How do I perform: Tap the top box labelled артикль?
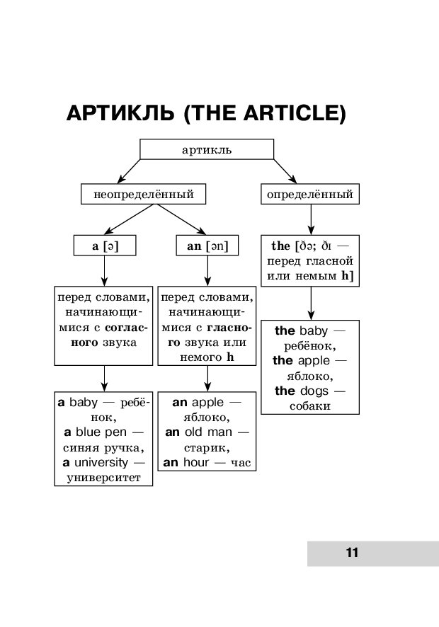point(207,149)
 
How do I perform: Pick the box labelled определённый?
point(309,194)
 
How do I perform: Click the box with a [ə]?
point(105,246)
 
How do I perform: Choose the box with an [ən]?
point(207,246)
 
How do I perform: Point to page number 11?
point(352,553)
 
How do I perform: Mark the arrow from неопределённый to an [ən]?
point(181,219)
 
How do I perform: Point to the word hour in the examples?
point(198,463)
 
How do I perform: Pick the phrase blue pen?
point(101,432)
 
